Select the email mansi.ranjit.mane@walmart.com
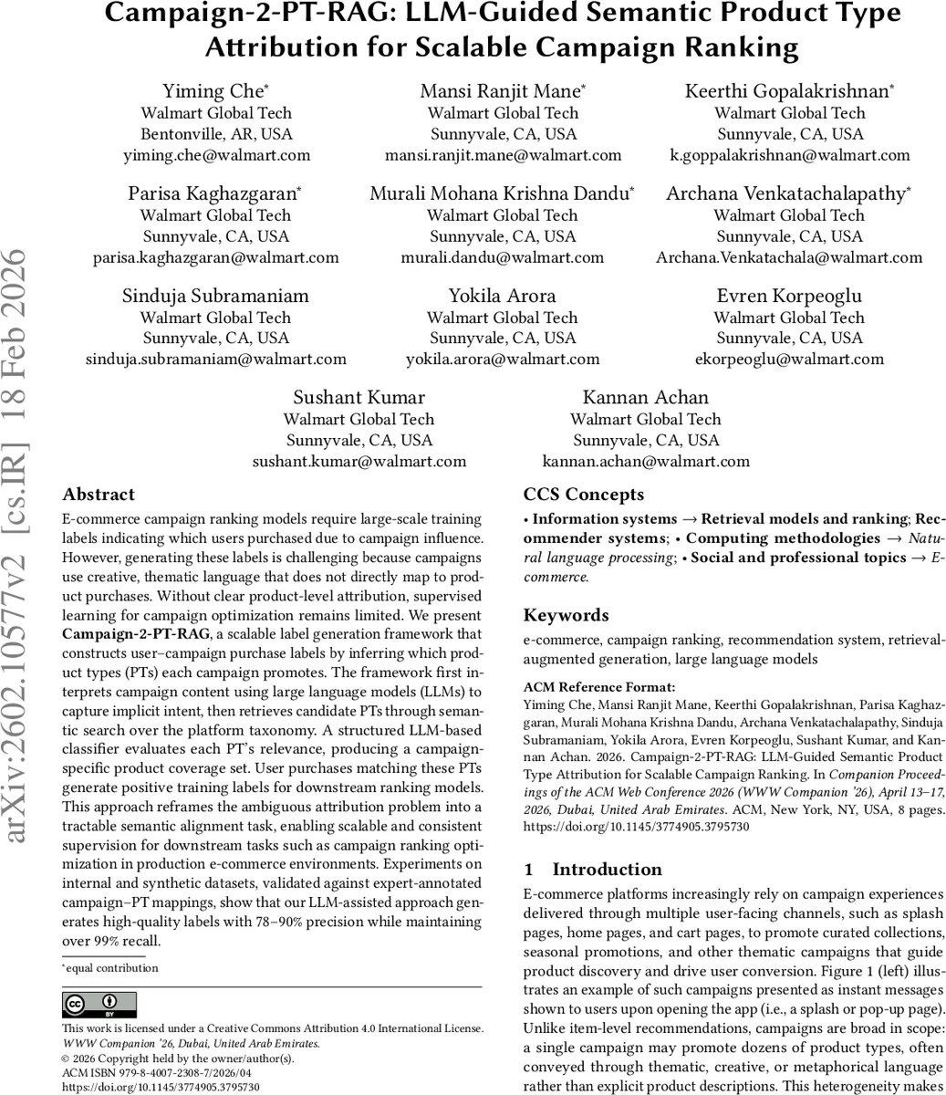pyautogui.click(x=503, y=155)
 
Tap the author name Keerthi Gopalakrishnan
pyautogui.click(x=789, y=91)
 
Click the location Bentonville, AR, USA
pyautogui.click(x=216, y=134)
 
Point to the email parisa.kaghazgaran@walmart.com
pyautogui.click(x=216, y=257)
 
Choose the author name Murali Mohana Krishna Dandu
pyautogui.click(x=502, y=193)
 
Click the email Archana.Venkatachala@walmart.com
pyautogui.click(x=789, y=257)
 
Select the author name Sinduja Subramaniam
pyautogui.click(x=216, y=296)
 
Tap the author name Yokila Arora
pyautogui.click(x=503, y=296)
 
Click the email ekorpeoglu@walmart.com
pyautogui.click(x=789, y=359)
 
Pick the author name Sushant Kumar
pyautogui.click(x=359, y=398)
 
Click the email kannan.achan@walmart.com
pyautogui.click(x=646, y=462)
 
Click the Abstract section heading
pyautogui.click(x=99, y=495)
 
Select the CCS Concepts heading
pyautogui.click(x=584, y=495)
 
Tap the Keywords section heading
pyautogui.click(x=566, y=615)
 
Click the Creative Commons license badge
pyautogui.click(x=99, y=1005)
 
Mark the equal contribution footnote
pyautogui.click(x=111, y=968)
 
